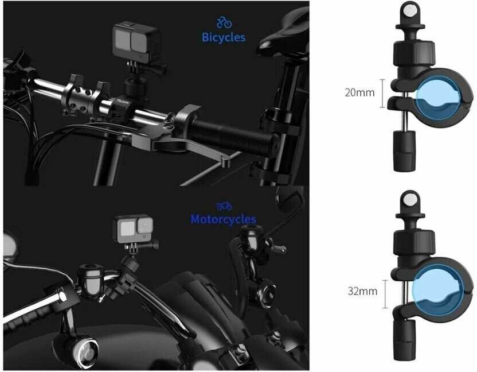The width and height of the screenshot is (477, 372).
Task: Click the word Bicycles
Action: pyautogui.click(x=224, y=38)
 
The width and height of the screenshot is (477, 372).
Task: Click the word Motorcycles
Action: pyautogui.click(x=223, y=219)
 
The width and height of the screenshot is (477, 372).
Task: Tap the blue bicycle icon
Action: pyautogui.click(x=224, y=22)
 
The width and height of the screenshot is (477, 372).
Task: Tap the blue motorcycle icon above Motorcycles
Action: pyautogui.click(x=224, y=207)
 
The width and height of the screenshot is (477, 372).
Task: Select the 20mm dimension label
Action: pyautogui.click(x=359, y=92)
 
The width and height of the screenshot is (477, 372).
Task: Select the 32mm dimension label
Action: pyautogui.click(x=362, y=291)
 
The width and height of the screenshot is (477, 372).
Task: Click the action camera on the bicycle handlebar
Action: pyautogui.click(x=136, y=44)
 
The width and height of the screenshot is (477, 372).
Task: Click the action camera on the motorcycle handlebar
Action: pyautogui.click(x=133, y=229)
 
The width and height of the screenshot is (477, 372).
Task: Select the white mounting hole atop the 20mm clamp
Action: pyautogui.click(x=409, y=11)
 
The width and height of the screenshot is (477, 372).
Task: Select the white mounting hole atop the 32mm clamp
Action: pyautogui.click(x=409, y=200)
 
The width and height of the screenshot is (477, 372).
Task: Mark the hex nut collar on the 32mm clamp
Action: pyautogui.click(x=414, y=243)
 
